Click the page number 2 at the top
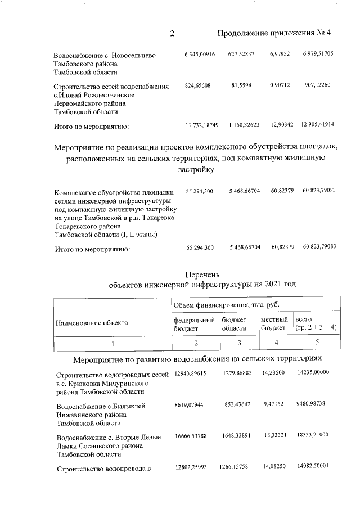(172, 33)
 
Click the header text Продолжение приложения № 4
(273, 33)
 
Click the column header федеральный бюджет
(195, 323)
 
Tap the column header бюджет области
(234, 323)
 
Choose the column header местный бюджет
(274, 323)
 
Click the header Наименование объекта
(91, 323)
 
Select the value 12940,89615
(191, 373)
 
